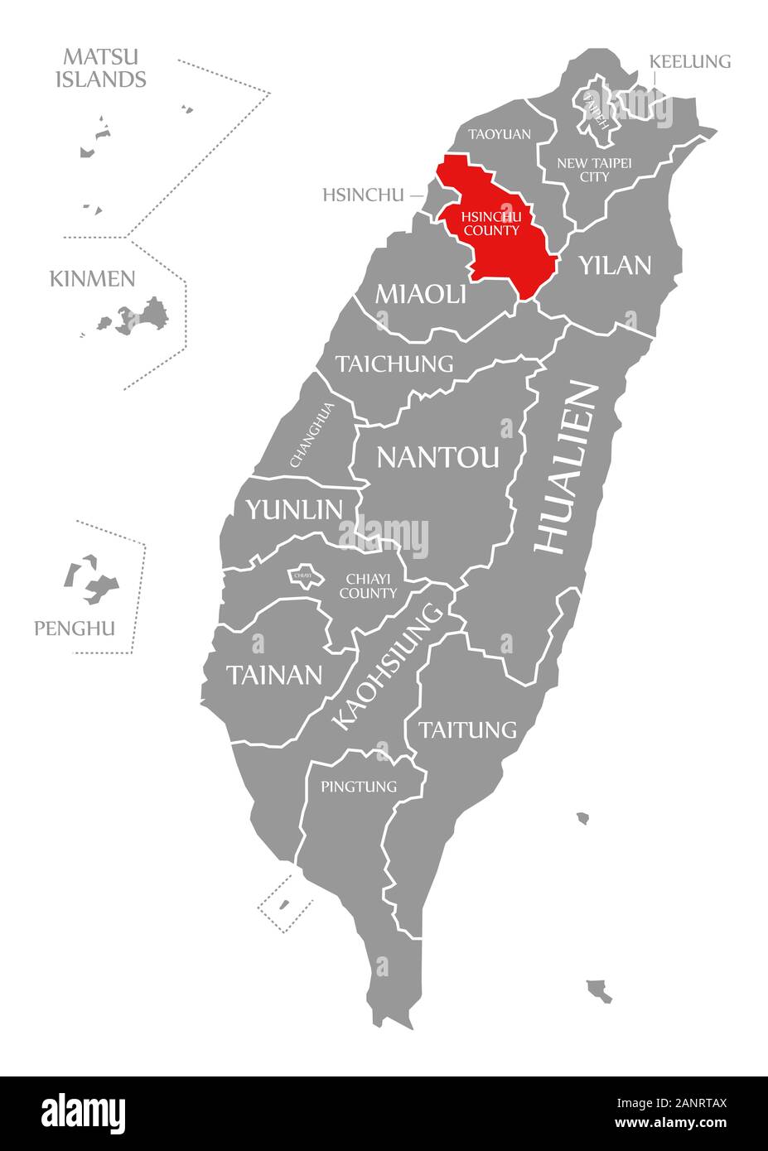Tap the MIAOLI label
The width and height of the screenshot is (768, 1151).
tap(421, 293)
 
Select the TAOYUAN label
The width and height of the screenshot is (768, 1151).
tap(499, 133)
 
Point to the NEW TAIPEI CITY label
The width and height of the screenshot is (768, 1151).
tap(594, 170)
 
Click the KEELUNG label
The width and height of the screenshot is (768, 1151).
tap(689, 61)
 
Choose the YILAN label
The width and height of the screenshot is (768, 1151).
tap(615, 265)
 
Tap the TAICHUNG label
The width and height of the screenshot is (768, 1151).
tap(395, 364)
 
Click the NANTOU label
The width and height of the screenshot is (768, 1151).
tap(438, 456)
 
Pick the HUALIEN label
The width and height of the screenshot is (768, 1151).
tap(567, 467)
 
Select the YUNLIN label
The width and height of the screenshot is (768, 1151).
tap(293, 509)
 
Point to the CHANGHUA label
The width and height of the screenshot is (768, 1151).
tap(312, 435)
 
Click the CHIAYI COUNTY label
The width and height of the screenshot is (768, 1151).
tap(368, 585)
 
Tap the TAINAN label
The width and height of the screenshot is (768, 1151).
tap(274, 675)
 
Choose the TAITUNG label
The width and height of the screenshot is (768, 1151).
tap(467, 730)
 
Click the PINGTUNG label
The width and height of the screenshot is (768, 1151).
tap(359, 786)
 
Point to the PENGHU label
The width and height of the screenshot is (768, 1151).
tap(75, 628)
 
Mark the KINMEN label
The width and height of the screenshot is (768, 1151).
tap(92, 278)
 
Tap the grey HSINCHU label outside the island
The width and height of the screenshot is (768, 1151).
tap(363, 195)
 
